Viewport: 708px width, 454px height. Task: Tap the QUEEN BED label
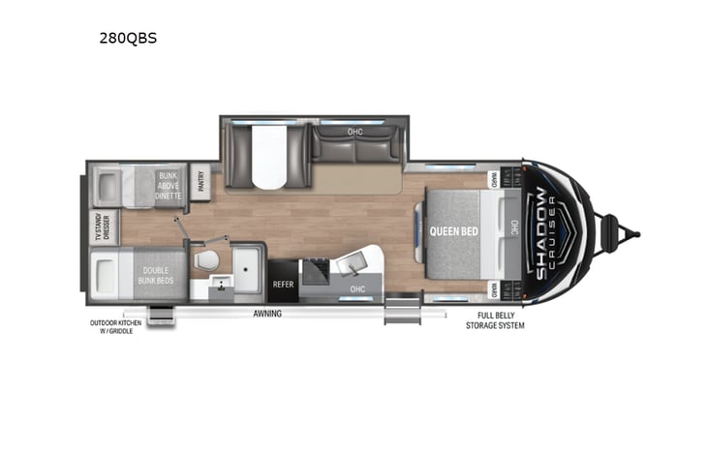(x=451, y=231)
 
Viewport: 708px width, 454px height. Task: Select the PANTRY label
(x=202, y=181)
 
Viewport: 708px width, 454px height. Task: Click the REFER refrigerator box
(x=283, y=284)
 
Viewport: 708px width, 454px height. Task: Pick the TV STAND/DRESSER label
(x=108, y=227)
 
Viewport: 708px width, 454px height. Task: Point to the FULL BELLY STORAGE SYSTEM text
(x=500, y=320)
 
